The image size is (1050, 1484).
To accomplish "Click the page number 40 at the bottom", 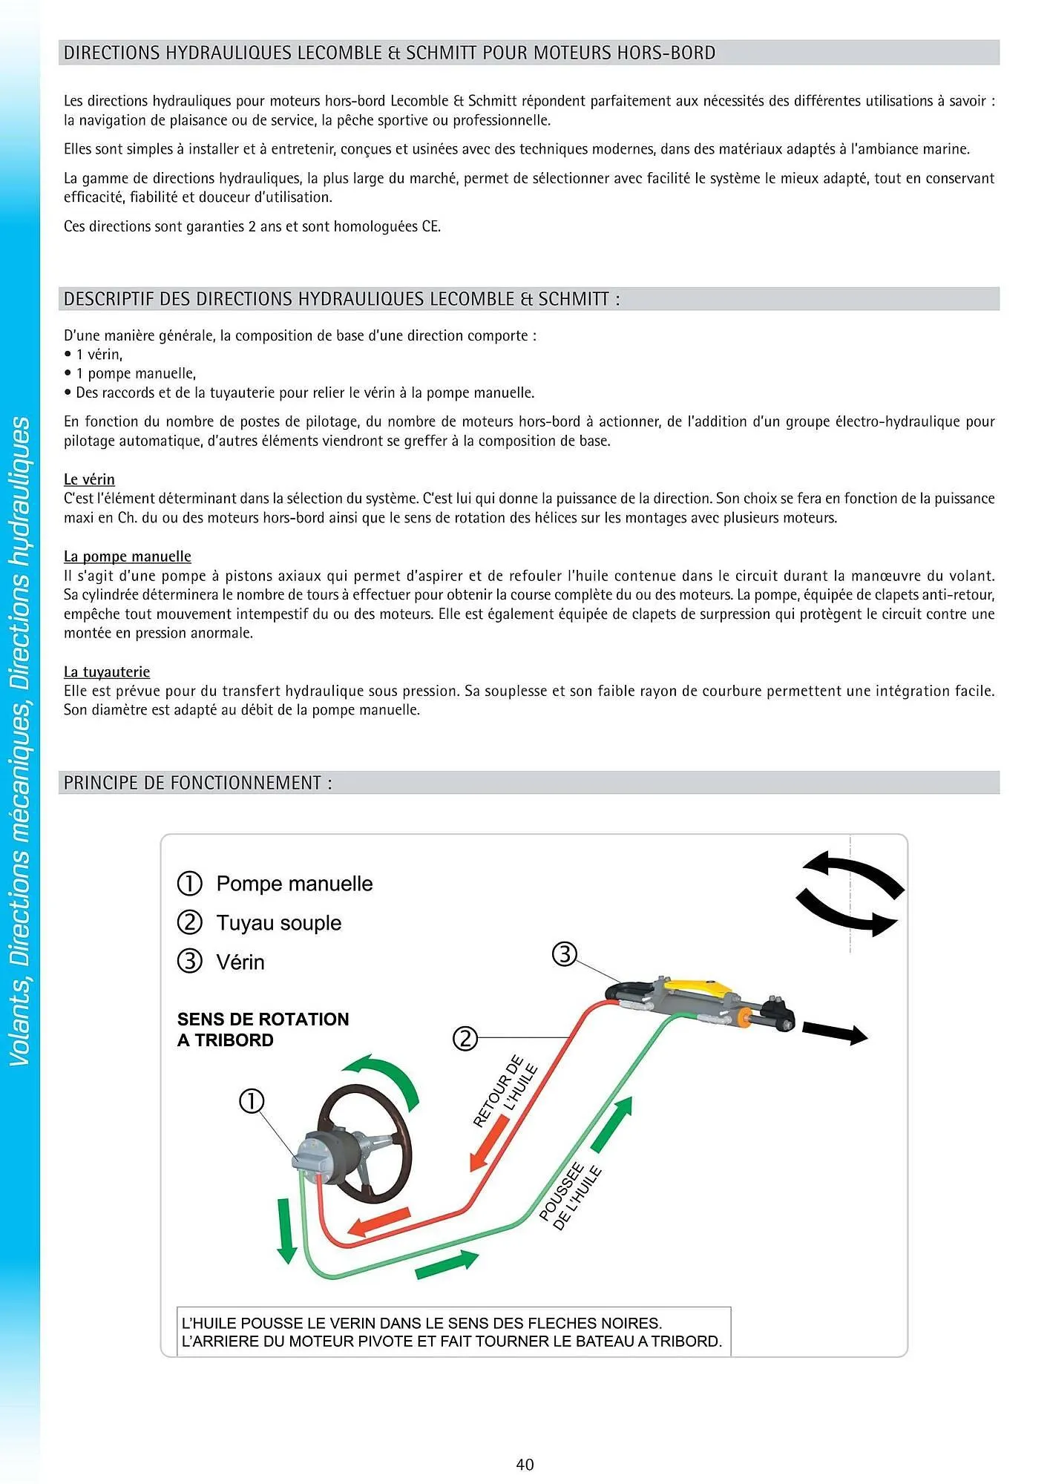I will point(525,1464).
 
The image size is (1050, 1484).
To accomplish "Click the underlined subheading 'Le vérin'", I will point(89,479).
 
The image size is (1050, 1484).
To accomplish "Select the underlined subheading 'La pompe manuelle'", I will point(128,556).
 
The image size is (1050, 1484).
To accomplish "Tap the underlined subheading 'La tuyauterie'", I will point(107,672).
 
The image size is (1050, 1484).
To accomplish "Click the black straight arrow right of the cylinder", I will point(835,1032).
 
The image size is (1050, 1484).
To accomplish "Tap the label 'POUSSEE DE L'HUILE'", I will point(570,1196).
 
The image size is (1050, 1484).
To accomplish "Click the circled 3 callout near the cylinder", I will point(565,953).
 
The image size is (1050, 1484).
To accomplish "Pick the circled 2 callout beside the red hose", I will point(465,1037).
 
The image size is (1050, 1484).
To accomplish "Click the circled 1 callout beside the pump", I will point(252,1100).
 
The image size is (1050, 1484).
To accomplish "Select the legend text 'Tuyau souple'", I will point(279,923).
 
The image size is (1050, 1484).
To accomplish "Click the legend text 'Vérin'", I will point(240,962).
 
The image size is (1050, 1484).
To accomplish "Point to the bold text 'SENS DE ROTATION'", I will point(263,1019).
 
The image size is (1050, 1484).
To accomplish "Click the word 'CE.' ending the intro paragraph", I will point(431,226).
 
